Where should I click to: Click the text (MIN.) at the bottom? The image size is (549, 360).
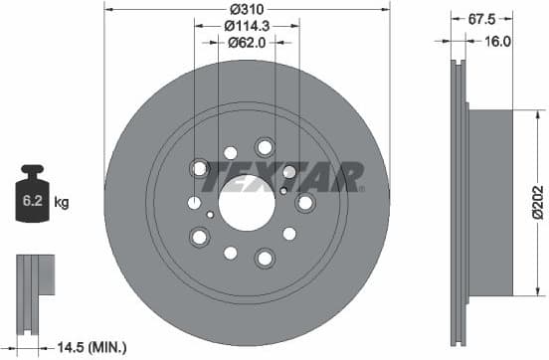(107, 347)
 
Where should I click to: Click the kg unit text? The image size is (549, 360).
(62, 203)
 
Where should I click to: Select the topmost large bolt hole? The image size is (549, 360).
(264, 145)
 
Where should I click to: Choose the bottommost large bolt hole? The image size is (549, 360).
(264, 259)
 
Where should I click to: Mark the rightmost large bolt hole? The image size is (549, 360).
(304, 202)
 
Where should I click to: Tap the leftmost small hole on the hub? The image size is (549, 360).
(194, 203)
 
